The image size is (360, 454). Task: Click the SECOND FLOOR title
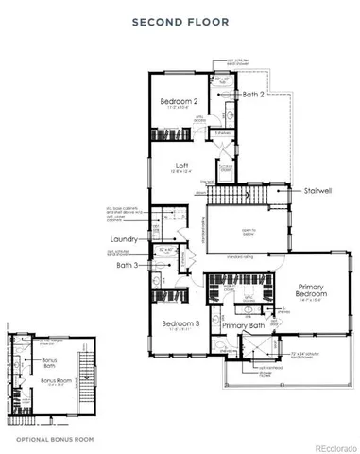pos(179,21)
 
